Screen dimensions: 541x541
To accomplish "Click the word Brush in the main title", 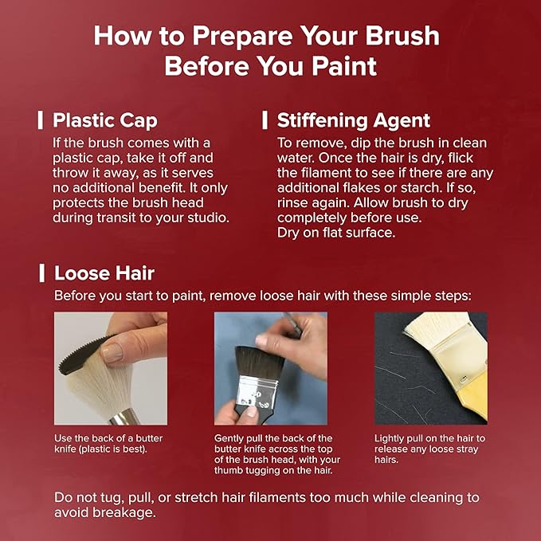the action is pos(402,36).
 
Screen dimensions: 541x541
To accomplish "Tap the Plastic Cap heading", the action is pos(105,120).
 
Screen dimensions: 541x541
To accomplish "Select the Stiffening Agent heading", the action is pos(354,120).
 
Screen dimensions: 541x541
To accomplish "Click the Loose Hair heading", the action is pos(104,273).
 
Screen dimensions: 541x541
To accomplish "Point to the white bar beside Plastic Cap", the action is pos(41,120).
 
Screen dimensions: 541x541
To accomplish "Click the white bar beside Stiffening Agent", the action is pos(265,120).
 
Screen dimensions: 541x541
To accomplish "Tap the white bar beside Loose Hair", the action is pos(41,273).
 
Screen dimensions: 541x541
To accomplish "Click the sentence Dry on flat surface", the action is pos(336,233).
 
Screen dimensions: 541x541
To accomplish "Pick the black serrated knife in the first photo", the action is pos(85,355).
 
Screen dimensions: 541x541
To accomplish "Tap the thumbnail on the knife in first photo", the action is pos(112,353).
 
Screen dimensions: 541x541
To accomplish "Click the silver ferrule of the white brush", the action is pos(125,417).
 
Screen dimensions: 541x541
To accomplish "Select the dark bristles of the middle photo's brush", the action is pos(260,362).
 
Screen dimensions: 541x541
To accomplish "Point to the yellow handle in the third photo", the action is pos(473,397).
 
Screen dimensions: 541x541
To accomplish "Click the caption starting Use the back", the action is pos(108,443).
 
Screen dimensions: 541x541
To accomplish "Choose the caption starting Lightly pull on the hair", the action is pos(430,449).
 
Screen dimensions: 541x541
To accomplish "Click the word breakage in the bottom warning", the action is pos(124,512).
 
